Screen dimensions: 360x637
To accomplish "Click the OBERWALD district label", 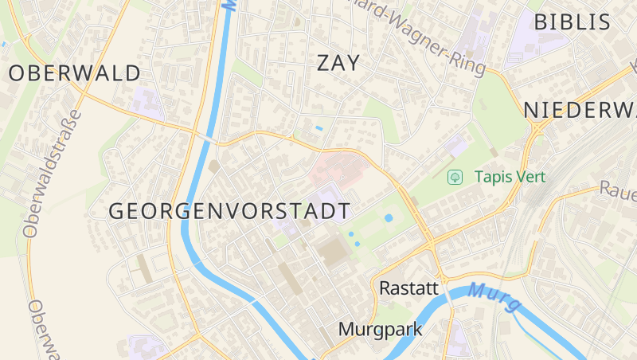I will (75, 73).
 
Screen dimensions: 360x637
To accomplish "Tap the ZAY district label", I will (338, 63).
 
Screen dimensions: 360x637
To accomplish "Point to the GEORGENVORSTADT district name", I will (229, 211).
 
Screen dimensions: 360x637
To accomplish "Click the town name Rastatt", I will (409, 288).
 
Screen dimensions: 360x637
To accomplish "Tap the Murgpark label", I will (380, 328).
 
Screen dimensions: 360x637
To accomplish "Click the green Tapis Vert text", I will (510, 177).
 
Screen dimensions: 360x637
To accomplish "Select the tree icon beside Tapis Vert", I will (455, 177).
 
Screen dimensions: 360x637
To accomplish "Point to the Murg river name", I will (494, 296).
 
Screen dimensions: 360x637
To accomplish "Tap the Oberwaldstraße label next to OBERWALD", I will (53, 173).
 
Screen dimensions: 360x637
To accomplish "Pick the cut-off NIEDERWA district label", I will (580, 110).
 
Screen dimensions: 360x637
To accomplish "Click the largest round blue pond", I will (389, 217).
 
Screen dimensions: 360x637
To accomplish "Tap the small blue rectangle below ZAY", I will (319, 127).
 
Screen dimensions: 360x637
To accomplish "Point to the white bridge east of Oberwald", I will (206, 139).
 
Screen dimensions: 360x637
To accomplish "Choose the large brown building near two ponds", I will (334, 252).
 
